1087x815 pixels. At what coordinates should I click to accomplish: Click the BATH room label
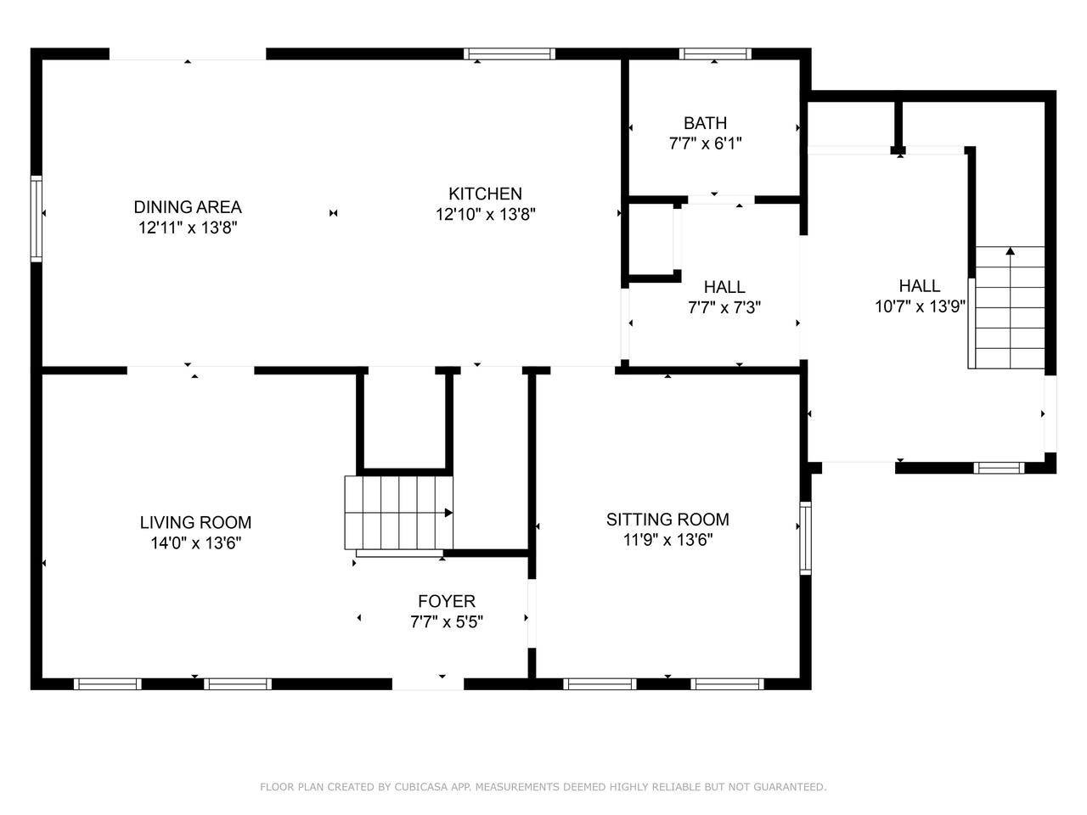tap(705, 123)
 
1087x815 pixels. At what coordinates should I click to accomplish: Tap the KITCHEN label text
tap(485, 194)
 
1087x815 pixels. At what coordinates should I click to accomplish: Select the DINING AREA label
tap(188, 207)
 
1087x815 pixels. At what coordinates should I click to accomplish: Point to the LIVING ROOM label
tap(195, 523)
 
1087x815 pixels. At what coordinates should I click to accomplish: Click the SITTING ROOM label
tap(667, 520)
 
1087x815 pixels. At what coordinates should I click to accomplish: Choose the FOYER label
tap(446, 601)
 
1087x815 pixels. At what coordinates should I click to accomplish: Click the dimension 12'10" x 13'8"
tap(485, 215)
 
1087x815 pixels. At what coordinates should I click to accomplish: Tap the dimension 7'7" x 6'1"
tap(705, 143)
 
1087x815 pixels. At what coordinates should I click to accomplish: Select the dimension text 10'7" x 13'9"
tap(920, 306)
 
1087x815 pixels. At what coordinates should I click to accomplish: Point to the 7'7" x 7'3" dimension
tap(724, 308)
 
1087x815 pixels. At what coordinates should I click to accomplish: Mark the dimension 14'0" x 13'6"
tap(195, 543)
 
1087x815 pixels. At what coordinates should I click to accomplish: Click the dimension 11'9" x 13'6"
tap(667, 540)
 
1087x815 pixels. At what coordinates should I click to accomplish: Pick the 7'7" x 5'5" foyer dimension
tap(446, 621)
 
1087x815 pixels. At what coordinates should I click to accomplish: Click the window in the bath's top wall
tap(714, 54)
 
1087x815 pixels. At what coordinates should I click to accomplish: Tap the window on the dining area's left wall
tap(37, 218)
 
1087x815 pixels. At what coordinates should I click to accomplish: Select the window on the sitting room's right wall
tap(805, 538)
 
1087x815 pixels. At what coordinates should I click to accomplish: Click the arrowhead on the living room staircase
tap(448, 513)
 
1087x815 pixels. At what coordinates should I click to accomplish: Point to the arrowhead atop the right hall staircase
tap(1011, 251)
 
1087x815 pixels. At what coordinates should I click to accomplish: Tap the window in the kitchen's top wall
tap(509, 54)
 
